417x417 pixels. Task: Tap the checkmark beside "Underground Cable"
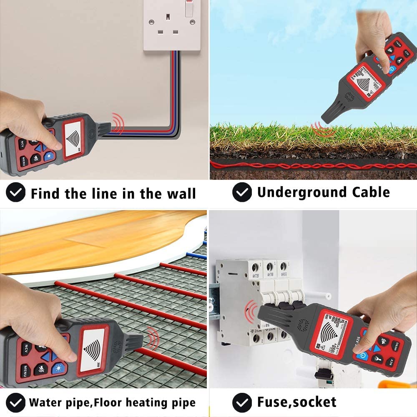[242, 193]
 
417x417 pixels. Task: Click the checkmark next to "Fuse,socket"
[242, 402]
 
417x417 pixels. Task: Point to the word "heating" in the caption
[143, 403]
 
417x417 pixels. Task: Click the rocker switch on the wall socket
[189, 9]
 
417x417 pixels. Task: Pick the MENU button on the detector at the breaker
[394, 346]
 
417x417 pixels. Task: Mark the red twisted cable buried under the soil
[313, 166]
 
